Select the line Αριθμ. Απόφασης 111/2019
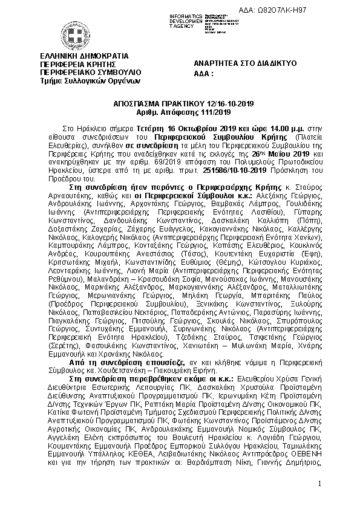click(180, 112)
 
